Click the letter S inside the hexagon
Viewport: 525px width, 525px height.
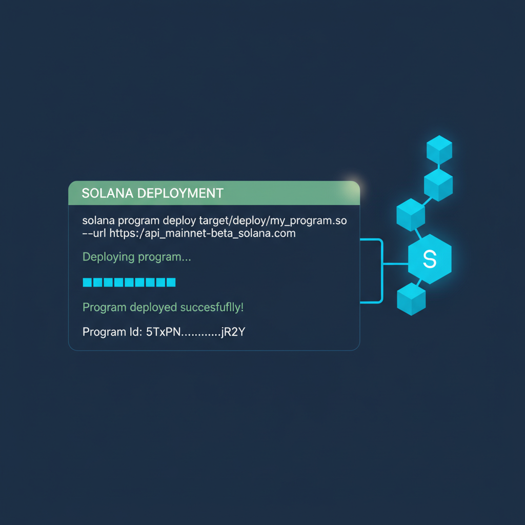[x=430, y=260]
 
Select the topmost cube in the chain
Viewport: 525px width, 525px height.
[x=439, y=149]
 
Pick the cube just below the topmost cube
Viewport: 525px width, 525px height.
[x=438, y=185]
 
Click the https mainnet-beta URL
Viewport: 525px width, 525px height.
[x=203, y=233]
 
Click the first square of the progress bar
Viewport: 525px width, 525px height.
[x=87, y=282]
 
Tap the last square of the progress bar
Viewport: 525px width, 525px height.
[x=171, y=282]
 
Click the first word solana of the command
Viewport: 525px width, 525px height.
[x=98, y=221]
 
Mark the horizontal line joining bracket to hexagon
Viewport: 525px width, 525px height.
[x=395, y=264]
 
